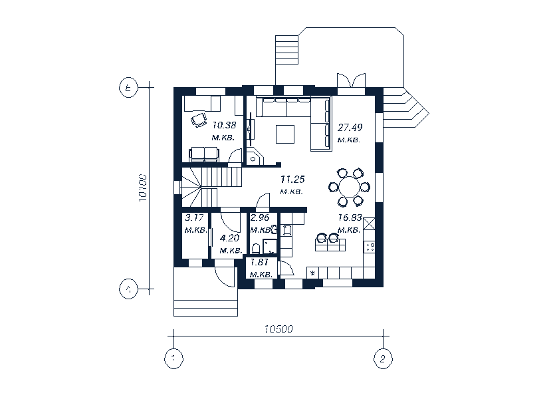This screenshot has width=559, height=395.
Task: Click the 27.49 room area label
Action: pyautogui.click(x=350, y=127)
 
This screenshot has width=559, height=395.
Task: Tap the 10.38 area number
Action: pyautogui.click(x=224, y=124)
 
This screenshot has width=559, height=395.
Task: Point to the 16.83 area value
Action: pyautogui.click(x=350, y=217)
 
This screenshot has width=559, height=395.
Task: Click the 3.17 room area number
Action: pyautogui.click(x=194, y=217)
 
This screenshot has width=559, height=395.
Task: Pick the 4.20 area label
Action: pyautogui.click(x=229, y=237)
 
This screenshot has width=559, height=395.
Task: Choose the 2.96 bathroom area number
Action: pyautogui.click(x=259, y=217)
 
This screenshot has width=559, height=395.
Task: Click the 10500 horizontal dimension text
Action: pyautogui.click(x=279, y=329)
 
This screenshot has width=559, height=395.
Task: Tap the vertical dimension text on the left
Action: pyautogui.click(x=142, y=188)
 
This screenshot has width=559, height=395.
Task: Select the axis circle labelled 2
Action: pyautogui.click(x=382, y=358)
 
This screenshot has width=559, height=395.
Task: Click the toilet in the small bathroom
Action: pyautogui.click(x=256, y=249)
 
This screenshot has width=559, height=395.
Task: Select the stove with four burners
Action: pyautogui.click(x=370, y=247)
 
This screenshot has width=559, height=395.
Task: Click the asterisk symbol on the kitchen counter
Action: pyautogui.click(x=312, y=273)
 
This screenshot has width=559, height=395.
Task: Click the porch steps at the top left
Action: pyautogui.click(x=288, y=51)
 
